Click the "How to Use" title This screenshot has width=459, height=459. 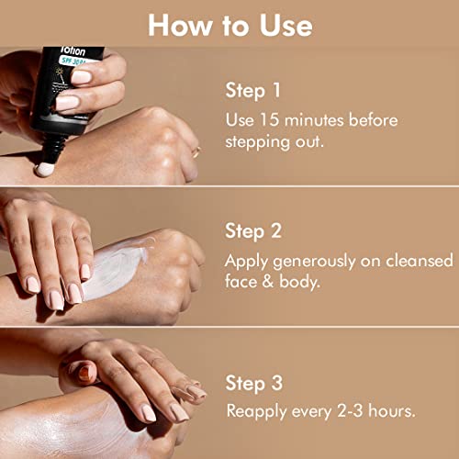point(229,24)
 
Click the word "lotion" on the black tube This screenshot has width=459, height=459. point(68,53)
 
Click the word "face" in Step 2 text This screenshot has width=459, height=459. point(242,284)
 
